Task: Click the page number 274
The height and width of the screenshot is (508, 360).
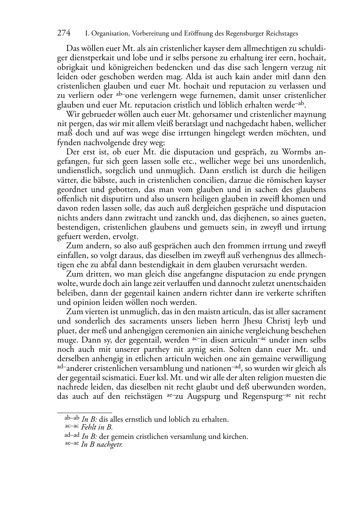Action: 64,33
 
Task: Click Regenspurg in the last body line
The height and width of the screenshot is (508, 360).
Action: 261,396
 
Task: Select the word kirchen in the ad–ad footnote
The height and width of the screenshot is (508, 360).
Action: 235,436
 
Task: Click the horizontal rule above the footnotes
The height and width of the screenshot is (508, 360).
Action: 85,413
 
